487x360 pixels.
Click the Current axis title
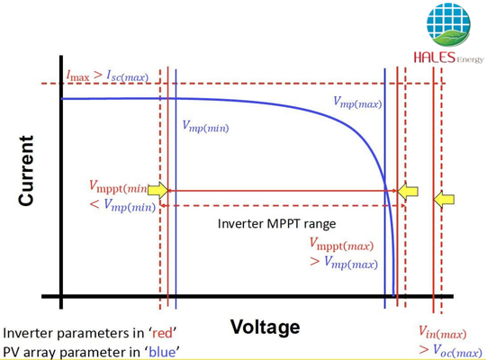[x=26, y=170]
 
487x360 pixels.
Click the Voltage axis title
[x=265, y=328]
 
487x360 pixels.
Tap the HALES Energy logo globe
[x=448, y=24]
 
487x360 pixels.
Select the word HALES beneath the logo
[x=434, y=58]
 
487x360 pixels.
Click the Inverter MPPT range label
[x=276, y=224]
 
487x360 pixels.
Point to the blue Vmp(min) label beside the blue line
[x=205, y=127]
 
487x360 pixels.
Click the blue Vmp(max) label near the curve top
[x=357, y=103]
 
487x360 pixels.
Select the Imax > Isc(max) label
[x=107, y=76]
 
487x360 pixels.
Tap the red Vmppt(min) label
[x=118, y=186]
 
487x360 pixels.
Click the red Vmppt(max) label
[x=341, y=245]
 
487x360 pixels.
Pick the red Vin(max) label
[x=442, y=332]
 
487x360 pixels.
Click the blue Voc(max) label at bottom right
[x=457, y=351]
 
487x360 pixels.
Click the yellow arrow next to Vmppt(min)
[x=158, y=190]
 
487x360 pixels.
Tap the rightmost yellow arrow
[x=444, y=199]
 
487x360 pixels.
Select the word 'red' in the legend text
[x=162, y=333]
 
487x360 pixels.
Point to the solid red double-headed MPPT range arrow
[x=283, y=191]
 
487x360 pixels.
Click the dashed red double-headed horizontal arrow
[x=283, y=205]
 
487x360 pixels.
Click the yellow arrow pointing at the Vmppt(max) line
[x=408, y=191]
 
